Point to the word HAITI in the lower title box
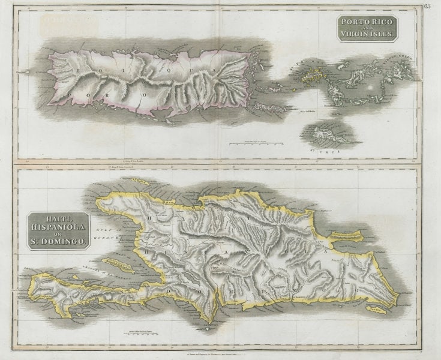click(59, 218)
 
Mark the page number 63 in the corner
click(427, 7)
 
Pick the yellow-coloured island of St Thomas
click(313, 76)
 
